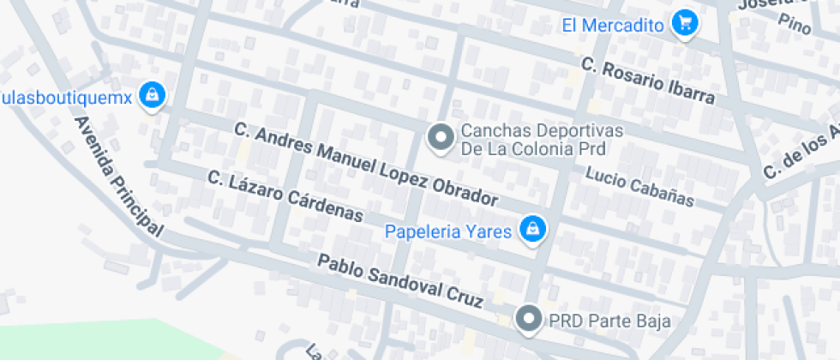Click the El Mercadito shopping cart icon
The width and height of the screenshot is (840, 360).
(x=683, y=23)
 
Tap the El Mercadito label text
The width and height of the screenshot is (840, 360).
(x=613, y=25)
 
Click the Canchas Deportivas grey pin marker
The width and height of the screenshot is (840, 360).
(x=441, y=137)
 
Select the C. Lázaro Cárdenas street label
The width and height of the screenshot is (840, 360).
(x=285, y=196)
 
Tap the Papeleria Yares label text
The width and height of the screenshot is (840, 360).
(x=448, y=231)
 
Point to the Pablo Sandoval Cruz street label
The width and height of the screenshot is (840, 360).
(x=401, y=281)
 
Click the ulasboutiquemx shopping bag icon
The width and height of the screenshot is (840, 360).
(x=152, y=95)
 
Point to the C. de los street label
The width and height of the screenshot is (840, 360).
(x=801, y=151)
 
